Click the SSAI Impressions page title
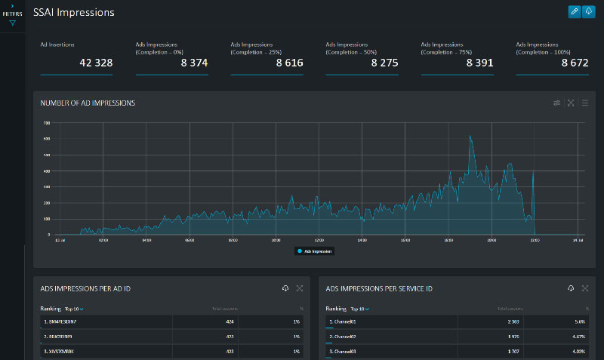point(74,12)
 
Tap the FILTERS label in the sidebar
point(12,14)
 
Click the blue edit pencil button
point(575,11)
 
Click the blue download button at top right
point(589,11)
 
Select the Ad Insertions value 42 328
point(96,63)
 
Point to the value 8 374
point(194,63)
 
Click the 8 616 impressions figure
point(289,63)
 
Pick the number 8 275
point(384,63)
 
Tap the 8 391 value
point(479,63)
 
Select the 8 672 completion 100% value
point(575,63)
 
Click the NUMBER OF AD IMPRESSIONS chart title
point(88,103)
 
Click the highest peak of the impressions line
point(470,136)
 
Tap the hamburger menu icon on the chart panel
point(585,103)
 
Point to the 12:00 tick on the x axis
point(319,241)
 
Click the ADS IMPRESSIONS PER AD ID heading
point(88,288)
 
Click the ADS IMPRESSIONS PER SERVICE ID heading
point(379,288)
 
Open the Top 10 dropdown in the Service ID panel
point(359,309)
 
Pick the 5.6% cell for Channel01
point(581,322)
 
